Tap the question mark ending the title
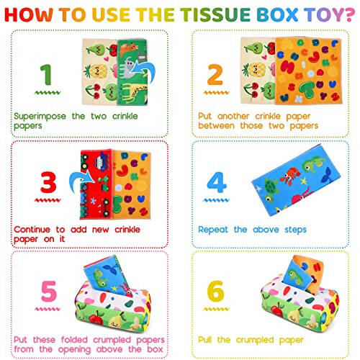[x=338, y=14]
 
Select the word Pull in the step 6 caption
[x=206, y=339]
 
